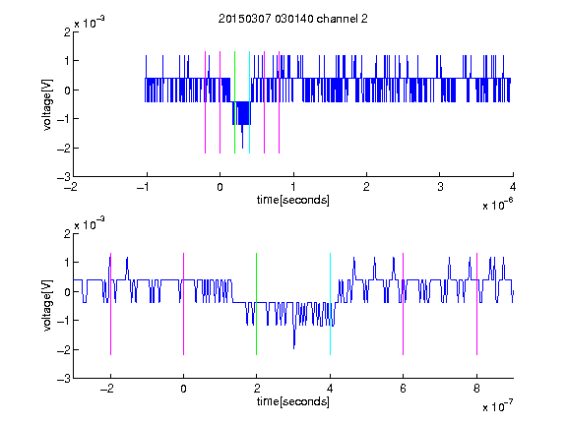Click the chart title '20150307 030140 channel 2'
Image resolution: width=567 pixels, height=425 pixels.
point(293,19)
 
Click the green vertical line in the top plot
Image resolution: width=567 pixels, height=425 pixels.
point(234,102)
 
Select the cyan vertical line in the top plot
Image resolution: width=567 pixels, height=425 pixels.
point(249,102)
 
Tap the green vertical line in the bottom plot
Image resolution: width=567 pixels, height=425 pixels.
point(256,304)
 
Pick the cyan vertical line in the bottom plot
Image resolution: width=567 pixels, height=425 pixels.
point(330,304)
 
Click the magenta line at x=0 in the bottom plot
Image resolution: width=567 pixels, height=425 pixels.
point(184,304)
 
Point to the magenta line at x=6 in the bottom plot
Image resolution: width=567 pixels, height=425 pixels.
point(404,304)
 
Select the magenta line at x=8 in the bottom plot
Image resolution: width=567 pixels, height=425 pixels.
point(477,304)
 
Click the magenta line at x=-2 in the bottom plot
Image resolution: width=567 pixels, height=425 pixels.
point(110,304)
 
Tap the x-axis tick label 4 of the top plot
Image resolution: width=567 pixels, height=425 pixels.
point(513,187)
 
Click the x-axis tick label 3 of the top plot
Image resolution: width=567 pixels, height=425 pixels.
point(440,187)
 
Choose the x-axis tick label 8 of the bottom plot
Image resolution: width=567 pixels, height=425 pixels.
point(476,389)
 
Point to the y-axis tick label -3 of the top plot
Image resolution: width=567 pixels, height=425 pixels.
point(64,177)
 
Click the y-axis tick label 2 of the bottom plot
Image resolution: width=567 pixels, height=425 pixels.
point(67,233)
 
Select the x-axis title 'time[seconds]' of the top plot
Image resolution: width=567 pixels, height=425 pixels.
point(293,200)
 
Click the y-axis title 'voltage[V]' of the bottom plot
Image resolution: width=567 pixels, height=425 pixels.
point(47,305)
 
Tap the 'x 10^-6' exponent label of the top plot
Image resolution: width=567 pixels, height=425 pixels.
point(497,205)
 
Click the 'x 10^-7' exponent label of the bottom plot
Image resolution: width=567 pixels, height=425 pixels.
point(497,406)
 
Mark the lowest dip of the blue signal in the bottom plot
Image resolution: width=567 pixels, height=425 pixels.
point(293,348)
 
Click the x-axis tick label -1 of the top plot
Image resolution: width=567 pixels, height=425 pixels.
point(144,187)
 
